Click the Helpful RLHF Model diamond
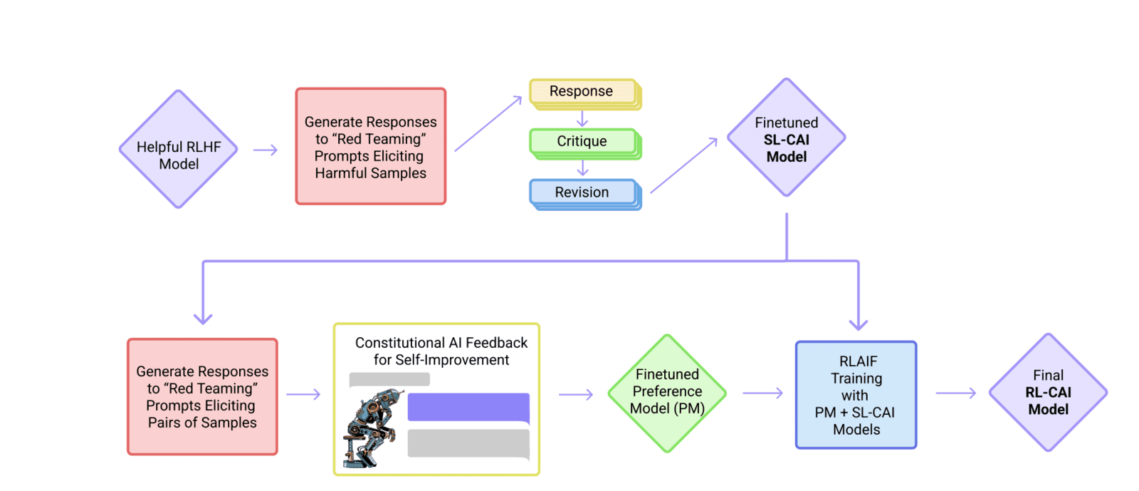(178, 150)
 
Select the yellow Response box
(582, 92)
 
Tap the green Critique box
(582, 141)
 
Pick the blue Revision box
(582, 192)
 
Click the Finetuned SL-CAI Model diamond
(786, 138)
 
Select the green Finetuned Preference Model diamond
(667, 393)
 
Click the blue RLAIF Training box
(856, 395)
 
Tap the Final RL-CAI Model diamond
(1048, 393)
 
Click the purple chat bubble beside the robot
(468, 408)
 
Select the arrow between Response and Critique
(582, 118)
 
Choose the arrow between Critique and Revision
(582, 168)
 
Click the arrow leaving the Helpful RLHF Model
(265, 150)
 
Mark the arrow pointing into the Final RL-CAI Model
(955, 393)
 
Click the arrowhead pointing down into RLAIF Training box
(859, 324)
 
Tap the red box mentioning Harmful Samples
(370, 147)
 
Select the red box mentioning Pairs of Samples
(202, 397)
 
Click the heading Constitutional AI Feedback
(441, 343)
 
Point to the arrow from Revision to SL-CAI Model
(683, 165)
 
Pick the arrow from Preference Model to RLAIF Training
(762, 393)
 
